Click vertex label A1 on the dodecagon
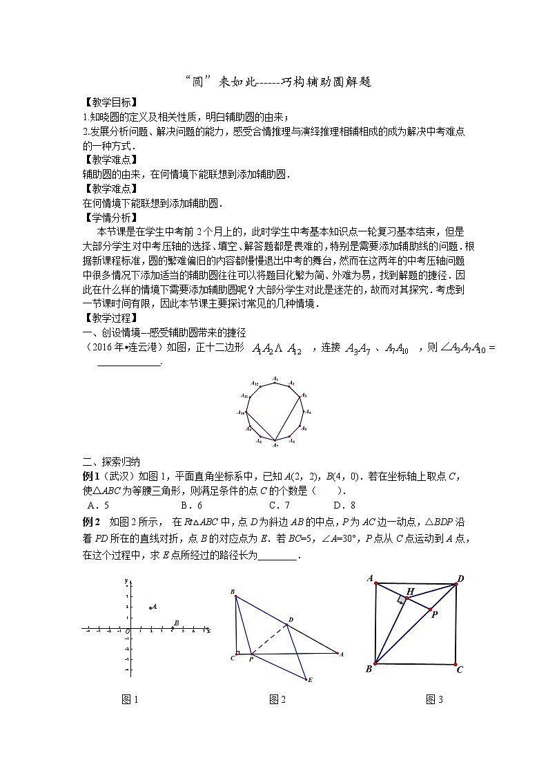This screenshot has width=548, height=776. (x=275, y=378)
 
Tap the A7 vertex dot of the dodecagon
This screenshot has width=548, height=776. (x=275, y=440)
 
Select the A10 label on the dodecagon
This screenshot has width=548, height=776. (x=242, y=413)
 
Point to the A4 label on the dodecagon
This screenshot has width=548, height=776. (x=308, y=412)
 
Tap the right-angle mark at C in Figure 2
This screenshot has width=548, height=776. (x=237, y=652)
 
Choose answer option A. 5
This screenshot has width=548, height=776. (x=96, y=504)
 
